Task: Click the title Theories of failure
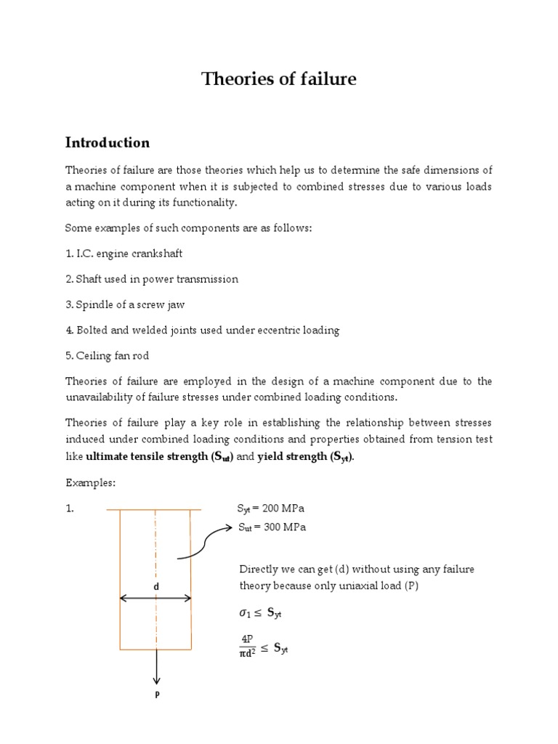click(x=279, y=79)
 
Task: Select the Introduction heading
click(x=108, y=142)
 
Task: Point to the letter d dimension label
click(x=155, y=586)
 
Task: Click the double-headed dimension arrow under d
click(x=155, y=599)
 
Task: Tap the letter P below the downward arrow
click(x=156, y=694)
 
